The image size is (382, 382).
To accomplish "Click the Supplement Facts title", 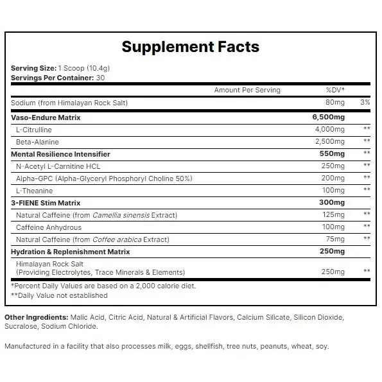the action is tap(191, 46).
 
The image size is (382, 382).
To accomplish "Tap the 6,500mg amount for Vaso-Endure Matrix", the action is tap(328, 117).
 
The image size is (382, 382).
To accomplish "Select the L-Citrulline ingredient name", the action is tap(32, 130).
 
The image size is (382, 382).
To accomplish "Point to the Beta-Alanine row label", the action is tap(33, 142).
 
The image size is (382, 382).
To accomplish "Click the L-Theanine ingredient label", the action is tap(35, 191).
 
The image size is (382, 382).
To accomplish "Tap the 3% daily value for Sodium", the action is tap(365, 103).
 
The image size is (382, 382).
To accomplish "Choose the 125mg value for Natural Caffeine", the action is tap(334, 214).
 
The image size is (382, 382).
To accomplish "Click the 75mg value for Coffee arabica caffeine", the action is tap(336, 239).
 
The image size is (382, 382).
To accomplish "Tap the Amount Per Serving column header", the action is tap(247, 91).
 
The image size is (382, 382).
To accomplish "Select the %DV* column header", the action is tap(335, 91).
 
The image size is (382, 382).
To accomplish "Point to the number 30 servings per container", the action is tap(101, 78).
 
